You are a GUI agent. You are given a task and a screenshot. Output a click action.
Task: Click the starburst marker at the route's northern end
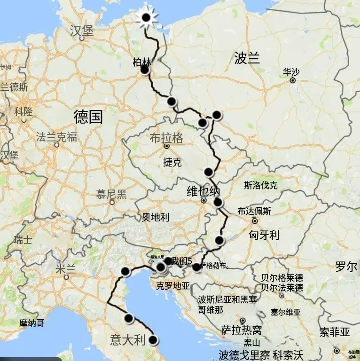146,18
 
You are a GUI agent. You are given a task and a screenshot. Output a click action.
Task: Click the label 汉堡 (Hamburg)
82,31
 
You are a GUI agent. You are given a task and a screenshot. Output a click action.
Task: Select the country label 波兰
247,58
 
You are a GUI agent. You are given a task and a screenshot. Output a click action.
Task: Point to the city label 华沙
291,72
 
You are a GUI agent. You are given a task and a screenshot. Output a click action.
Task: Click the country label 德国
88,117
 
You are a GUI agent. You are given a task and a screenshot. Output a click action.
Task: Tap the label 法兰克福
56,137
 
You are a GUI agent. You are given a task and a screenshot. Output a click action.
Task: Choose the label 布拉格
166,138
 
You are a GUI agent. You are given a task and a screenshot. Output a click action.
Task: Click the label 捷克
172,163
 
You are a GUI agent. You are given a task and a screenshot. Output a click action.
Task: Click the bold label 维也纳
203,191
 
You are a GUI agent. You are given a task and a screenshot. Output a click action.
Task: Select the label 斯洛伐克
261,185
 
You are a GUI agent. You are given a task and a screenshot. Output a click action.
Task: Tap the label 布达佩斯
254,211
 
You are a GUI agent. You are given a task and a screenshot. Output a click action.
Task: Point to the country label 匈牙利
264,235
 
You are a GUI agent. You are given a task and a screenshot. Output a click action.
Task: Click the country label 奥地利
156,217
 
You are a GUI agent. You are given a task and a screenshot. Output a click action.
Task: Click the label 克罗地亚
173,286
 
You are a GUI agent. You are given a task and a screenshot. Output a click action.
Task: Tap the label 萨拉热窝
242,331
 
